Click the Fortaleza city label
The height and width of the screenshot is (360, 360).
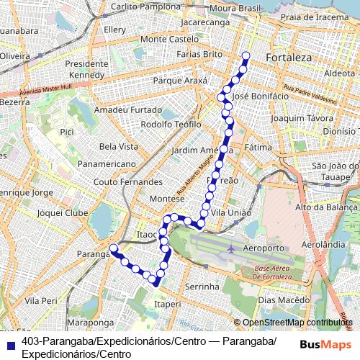(x=287, y=57)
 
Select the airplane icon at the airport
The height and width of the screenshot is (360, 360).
(x=231, y=249)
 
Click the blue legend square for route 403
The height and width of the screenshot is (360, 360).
(x=10, y=343)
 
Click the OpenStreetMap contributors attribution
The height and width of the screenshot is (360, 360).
(x=297, y=323)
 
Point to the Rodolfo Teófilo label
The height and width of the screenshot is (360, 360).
(x=171, y=124)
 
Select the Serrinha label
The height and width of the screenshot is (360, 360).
(x=202, y=287)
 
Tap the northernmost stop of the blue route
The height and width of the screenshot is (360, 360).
(x=246, y=55)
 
